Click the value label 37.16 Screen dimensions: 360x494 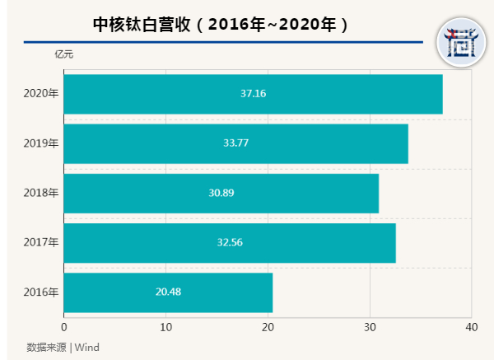click(x=253, y=94)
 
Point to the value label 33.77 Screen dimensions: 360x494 click(x=235, y=143)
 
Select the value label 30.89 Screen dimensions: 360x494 click(x=221, y=193)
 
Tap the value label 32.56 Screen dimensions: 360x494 click(x=230, y=242)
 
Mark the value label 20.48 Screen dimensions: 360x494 click(x=168, y=292)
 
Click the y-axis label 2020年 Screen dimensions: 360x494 click(x=41, y=94)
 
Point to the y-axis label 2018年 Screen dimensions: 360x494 click(x=41, y=193)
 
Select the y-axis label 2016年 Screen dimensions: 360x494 click(x=41, y=292)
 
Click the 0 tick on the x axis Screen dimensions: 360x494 click(x=64, y=328)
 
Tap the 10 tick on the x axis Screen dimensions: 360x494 click(x=166, y=328)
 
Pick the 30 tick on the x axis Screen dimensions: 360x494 click(x=370, y=328)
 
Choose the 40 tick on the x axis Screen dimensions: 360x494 click(x=471, y=328)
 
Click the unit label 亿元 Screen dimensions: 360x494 click(x=63, y=54)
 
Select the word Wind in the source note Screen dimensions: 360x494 click(x=87, y=347)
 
